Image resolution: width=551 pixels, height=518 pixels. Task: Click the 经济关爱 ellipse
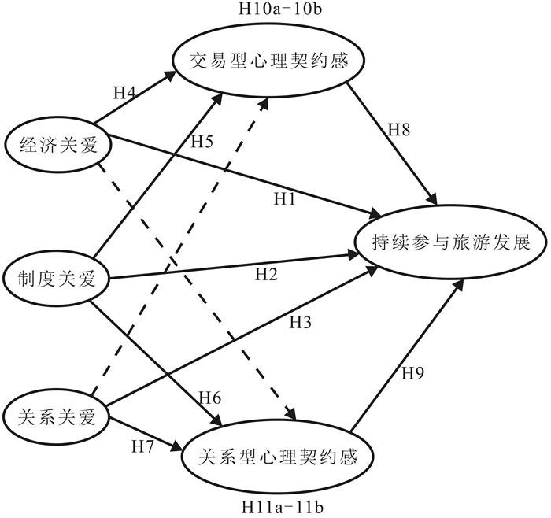tap(57, 142)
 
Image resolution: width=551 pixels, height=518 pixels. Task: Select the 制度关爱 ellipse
tap(54, 277)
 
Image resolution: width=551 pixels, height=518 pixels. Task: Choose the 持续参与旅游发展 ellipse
tap(449, 244)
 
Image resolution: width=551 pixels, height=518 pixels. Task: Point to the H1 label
tap(285, 200)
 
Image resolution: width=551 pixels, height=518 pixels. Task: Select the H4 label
tap(126, 92)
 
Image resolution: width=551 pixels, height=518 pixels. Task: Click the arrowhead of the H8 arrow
tap(433, 203)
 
